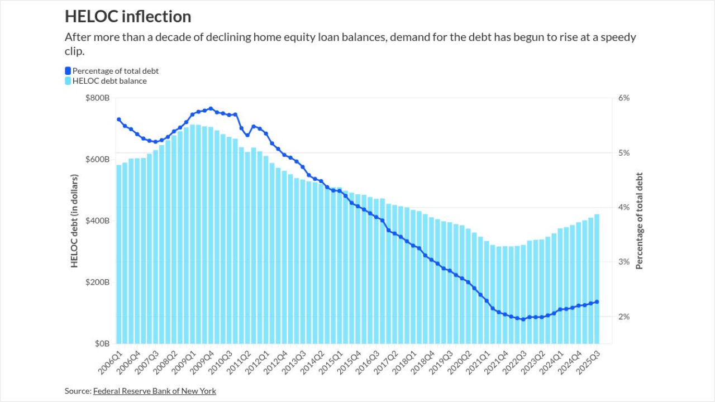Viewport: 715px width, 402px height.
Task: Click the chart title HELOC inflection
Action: pos(128,17)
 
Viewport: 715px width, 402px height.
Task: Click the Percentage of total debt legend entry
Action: pos(115,71)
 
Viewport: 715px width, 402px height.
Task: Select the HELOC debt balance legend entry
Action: pos(109,81)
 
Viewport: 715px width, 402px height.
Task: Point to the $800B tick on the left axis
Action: pos(98,98)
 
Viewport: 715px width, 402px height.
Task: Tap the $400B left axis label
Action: pos(98,221)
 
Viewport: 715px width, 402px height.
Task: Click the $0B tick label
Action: pos(101,344)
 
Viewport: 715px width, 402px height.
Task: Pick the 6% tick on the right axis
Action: pos(624,98)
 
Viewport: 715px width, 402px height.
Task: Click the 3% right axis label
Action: pos(624,262)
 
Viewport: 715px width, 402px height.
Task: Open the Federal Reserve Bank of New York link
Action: pos(155,391)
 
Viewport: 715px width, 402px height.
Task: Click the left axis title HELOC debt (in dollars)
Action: pos(75,221)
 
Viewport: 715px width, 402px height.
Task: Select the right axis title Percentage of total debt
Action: pos(640,221)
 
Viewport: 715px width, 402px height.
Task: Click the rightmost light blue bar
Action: pos(597,279)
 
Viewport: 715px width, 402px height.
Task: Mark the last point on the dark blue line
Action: pos(597,302)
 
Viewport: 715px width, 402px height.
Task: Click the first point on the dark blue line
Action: pos(119,119)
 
